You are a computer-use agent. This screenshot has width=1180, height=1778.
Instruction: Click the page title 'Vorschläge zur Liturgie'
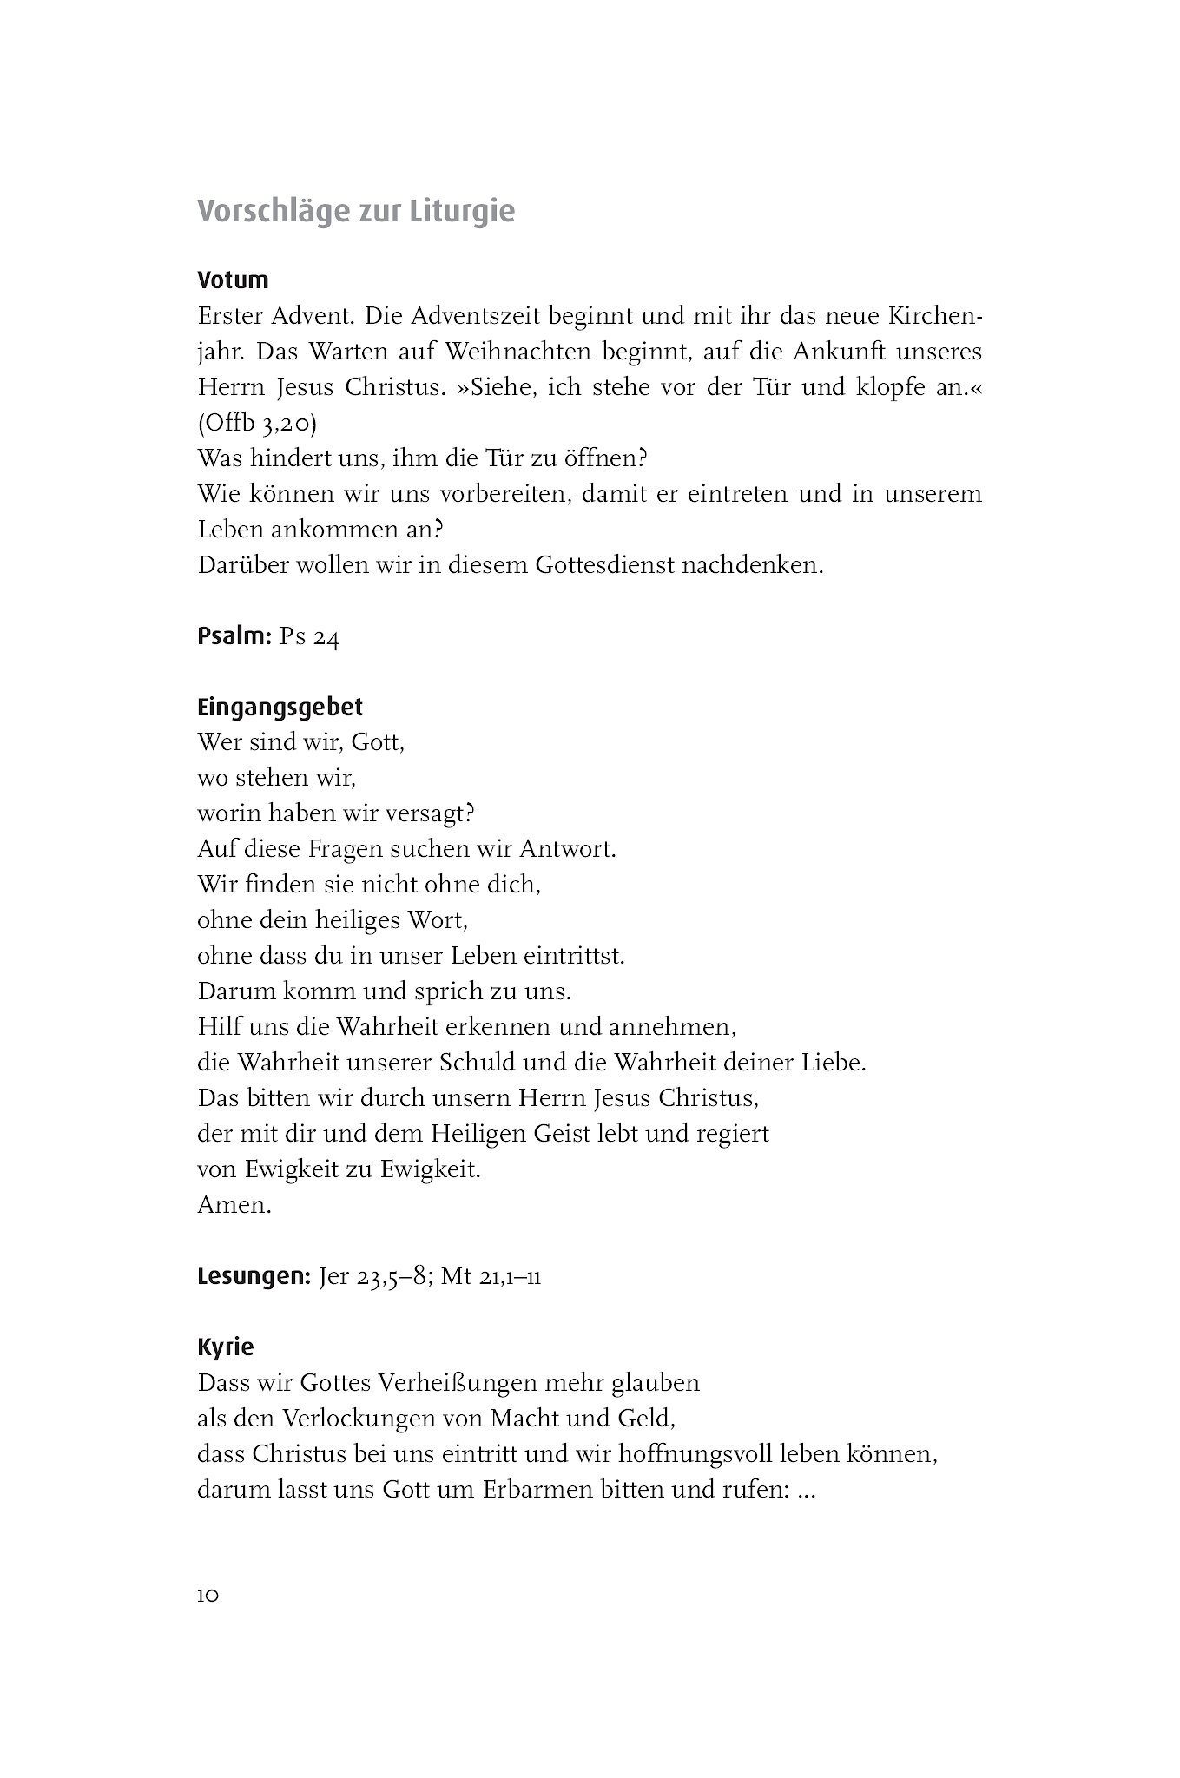356,212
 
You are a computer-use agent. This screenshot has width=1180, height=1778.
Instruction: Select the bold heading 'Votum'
233,280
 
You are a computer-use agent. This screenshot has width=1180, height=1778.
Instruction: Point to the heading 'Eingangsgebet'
280,708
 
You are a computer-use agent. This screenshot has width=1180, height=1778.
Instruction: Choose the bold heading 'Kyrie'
226,1347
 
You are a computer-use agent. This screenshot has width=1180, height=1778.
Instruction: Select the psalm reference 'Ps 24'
310,637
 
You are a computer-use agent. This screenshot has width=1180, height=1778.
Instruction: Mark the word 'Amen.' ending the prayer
234,1205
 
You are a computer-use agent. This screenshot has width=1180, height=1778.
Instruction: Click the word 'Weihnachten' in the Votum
471,352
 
